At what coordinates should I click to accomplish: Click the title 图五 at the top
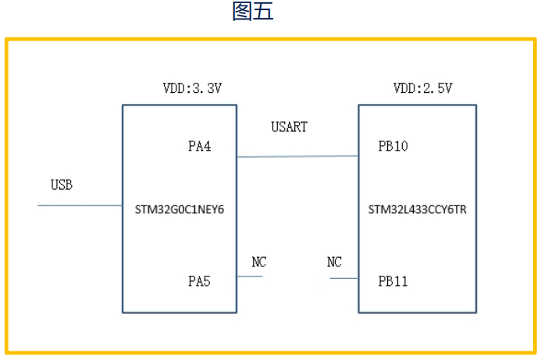253,12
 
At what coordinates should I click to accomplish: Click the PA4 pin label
200,145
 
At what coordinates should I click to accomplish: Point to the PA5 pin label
200,280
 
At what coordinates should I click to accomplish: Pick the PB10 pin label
393,145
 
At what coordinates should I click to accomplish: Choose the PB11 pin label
393,280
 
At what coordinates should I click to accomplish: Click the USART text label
289,127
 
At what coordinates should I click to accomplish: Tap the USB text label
62,185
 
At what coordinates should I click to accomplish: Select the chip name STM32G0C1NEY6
180,209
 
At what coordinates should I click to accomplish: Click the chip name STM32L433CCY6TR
417,209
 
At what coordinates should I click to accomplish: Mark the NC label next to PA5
259,262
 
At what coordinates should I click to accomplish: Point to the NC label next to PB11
335,262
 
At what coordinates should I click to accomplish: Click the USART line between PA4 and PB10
297,156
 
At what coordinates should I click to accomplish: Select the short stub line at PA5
249,276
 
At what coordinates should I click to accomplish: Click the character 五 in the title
263,12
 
